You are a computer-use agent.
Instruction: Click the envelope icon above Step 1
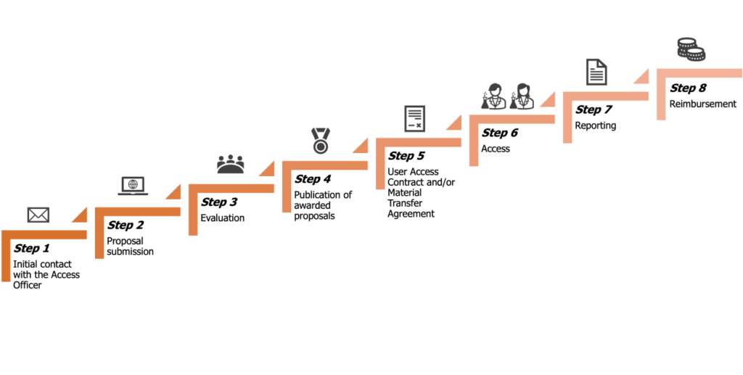pyautogui.click(x=38, y=215)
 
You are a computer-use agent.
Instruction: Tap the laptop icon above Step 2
pyautogui.click(x=133, y=186)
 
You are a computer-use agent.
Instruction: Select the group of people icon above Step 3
pyautogui.click(x=231, y=164)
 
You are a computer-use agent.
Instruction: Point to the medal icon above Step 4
pyautogui.click(x=320, y=140)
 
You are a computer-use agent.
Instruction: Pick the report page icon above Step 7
pyautogui.click(x=596, y=73)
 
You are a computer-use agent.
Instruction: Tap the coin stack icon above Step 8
pyautogui.click(x=691, y=49)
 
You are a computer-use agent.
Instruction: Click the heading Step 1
pyautogui.click(x=32, y=249)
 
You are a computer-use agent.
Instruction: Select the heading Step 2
pyautogui.click(x=126, y=226)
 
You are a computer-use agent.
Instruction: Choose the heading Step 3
pyautogui.click(x=219, y=202)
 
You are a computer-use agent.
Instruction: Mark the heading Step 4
pyautogui.click(x=313, y=178)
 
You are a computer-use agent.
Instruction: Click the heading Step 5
pyautogui.click(x=406, y=156)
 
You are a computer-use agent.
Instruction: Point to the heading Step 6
pyautogui.click(x=501, y=133)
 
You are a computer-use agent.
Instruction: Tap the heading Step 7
pyautogui.click(x=594, y=110)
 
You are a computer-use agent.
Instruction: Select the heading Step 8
pyautogui.click(x=688, y=88)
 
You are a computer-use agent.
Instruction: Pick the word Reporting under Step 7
pyautogui.click(x=596, y=126)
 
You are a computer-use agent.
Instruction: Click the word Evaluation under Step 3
pyautogui.click(x=222, y=218)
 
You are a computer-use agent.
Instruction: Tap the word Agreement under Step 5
pyautogui.click(x=411, y=214)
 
